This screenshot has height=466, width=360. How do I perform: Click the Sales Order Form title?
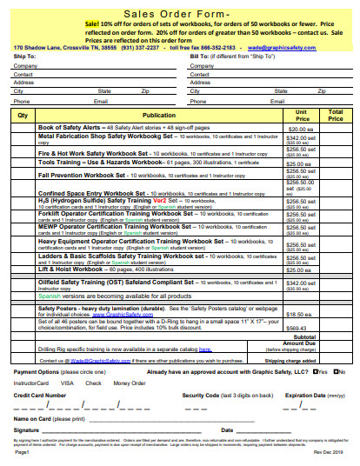(179, 14)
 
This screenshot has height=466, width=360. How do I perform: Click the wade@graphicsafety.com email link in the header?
(279, 47)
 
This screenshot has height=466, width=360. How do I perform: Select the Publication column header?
(158, 115)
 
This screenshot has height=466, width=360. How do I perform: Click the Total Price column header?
(336, 115)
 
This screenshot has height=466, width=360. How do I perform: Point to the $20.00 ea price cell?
(300, 129)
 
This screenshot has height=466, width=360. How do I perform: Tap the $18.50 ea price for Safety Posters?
(300, 314)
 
